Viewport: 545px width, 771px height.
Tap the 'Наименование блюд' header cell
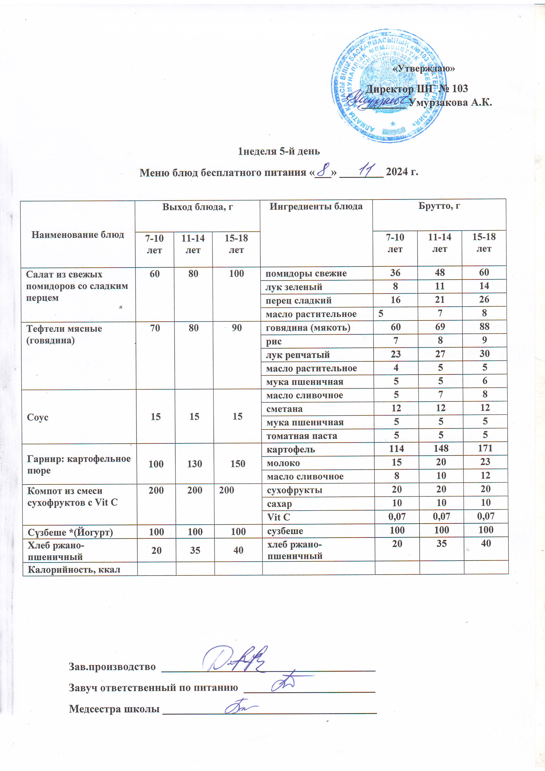click(x=78, y=235)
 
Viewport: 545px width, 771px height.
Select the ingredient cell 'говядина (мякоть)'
click(x=308, y=327)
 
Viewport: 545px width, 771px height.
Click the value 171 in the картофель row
click(x=485, y=448)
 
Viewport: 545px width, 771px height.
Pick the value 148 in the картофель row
click(x=441, y=449)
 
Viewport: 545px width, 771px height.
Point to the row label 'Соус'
click(x=38, y=417)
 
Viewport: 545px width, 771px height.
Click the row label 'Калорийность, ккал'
click(x=74, y=569)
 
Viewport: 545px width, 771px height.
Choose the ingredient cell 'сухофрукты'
click(x=294, y=490)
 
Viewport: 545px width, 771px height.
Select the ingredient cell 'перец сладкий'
click(x=298, y=300)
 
